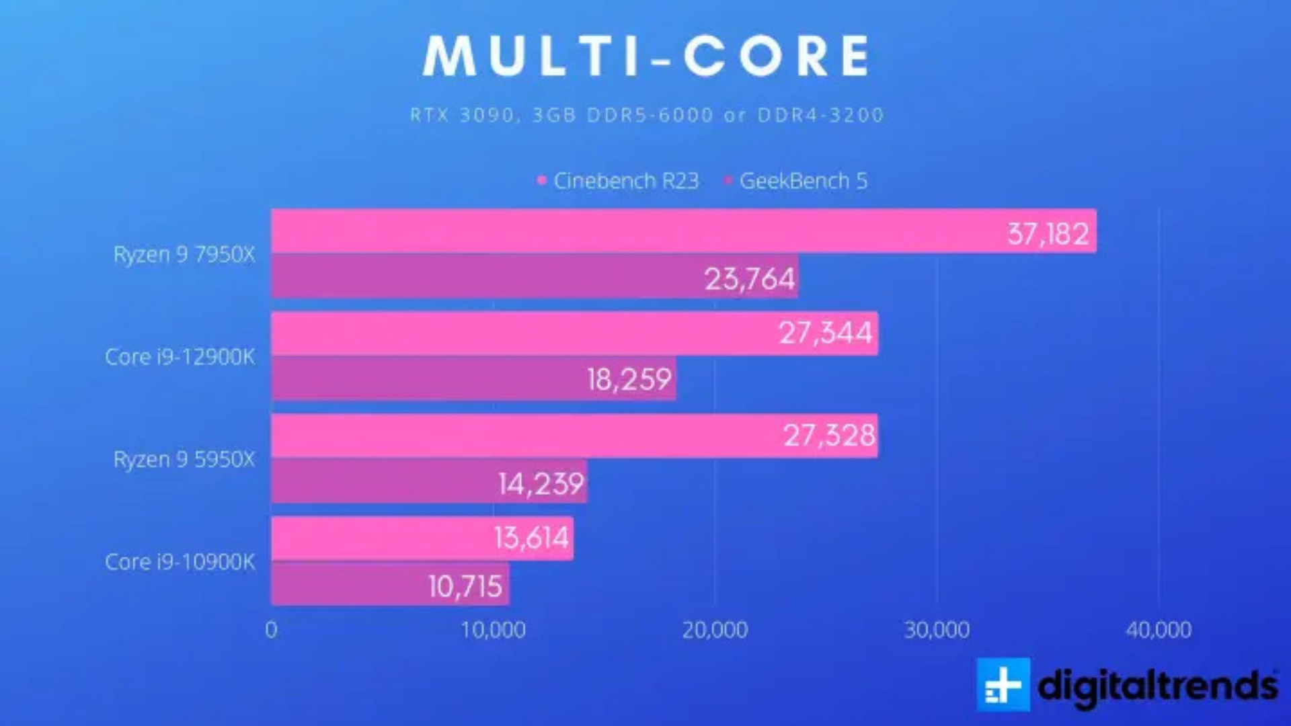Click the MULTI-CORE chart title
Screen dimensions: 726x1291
(646, 56)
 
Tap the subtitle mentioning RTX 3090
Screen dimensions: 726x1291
(646, 115)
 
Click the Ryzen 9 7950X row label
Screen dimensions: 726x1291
(184, 255)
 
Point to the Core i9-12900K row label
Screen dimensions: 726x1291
(180, 357)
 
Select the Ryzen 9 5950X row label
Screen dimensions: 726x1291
(184, 460)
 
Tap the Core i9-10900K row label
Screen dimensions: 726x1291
(180, 562)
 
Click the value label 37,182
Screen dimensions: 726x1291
(1048, 234)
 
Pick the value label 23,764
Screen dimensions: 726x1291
(750, 279)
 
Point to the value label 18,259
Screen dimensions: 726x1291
(629, 380)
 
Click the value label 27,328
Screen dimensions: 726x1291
(829, 436)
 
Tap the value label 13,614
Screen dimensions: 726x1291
(531, 538)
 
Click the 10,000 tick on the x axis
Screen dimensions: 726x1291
(493, 630)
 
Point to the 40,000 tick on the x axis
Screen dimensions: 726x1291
(1159, 630)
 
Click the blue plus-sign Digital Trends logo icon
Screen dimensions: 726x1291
(1003, 685)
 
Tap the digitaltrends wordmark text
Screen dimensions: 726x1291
(1157, 686)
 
